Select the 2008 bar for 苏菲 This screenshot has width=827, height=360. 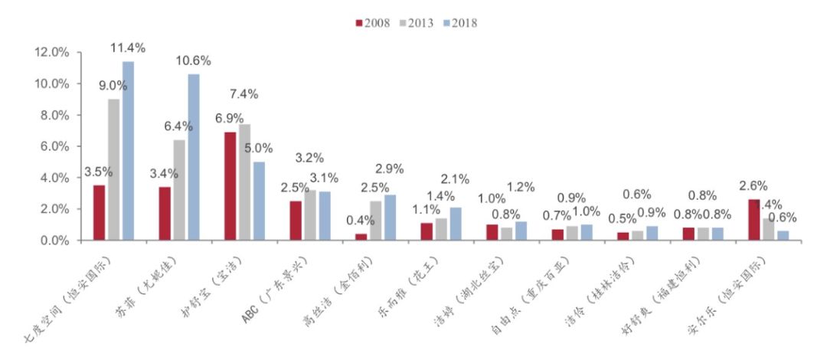point(165,214)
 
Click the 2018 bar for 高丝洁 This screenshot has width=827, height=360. point(390,218)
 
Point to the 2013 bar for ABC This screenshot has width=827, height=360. point(309,215)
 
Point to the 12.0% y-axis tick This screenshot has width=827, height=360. point(51,52)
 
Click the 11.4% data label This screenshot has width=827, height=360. point(128,48)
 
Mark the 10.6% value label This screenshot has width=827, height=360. point(193,61)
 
